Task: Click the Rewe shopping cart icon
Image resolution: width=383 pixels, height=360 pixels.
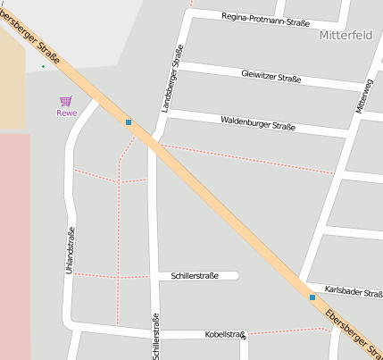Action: point(65,102)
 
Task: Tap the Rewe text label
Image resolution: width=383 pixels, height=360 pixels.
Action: point(66,113)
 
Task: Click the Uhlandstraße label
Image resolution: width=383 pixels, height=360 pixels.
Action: point(71,251)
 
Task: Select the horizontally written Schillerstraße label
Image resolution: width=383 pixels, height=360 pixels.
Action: point(195,276)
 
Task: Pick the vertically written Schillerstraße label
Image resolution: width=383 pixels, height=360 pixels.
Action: point(155,338)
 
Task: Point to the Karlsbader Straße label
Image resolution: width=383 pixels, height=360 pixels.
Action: point(354,292)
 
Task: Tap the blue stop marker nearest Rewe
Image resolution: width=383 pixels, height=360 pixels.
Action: point(129,121)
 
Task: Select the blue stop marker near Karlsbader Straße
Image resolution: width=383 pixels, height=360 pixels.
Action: point(312,297)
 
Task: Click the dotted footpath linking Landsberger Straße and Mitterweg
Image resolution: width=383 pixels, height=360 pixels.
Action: point(250,158)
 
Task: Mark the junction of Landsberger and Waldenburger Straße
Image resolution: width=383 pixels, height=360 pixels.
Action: point(166,113)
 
